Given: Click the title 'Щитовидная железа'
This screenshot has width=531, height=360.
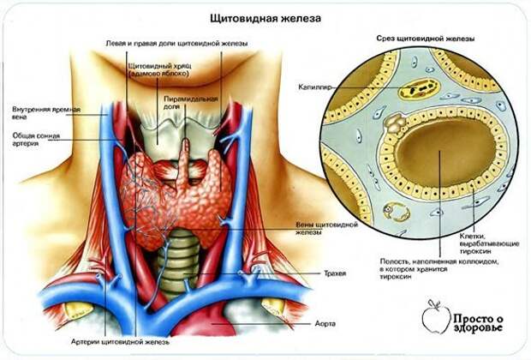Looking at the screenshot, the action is click(x=265, y=18).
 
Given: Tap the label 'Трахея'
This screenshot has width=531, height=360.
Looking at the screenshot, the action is click(x=335, y=273).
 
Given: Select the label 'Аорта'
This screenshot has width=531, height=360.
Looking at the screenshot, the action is click(x=325, y=323).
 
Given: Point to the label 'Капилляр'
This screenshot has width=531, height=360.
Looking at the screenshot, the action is click(x=314, y=87).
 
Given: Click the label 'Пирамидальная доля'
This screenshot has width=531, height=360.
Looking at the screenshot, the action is click(x=191, y=103).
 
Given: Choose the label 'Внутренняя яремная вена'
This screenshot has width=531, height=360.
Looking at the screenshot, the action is click(x=46, y=113).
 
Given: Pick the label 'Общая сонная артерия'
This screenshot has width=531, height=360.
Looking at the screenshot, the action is click(x=36, y=140).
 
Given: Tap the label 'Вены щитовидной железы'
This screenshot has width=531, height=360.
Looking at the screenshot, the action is click(x=327, y=229).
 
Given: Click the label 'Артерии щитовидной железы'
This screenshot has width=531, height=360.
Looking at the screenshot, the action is click(x=120, y=342).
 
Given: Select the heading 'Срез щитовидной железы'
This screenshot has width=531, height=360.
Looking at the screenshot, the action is click(x=426, y=39).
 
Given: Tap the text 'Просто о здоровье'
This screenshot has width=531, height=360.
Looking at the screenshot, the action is click(x=478, y=323).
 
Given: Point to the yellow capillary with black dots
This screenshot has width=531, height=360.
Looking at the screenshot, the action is click(x=419, y=89).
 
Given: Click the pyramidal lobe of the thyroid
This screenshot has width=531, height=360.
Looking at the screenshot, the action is click(x=184, y=163).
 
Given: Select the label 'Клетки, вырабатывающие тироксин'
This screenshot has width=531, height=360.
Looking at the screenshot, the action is click(x=489, y=243).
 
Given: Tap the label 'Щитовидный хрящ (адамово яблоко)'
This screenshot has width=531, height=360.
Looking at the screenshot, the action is click(x=159, y=69).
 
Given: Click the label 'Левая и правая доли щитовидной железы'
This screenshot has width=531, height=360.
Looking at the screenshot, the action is click(x=176, y=44).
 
